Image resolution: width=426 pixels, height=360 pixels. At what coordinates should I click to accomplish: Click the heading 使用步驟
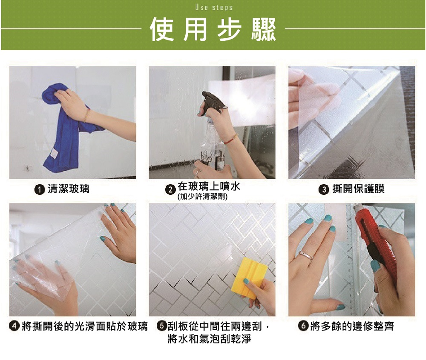tap(213, 29)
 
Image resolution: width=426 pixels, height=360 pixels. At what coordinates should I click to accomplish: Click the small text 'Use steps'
tap(214, 7)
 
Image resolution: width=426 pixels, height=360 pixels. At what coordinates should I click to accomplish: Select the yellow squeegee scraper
tap(249, 278)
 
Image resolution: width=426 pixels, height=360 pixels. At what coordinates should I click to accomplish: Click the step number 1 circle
tap(40, 189)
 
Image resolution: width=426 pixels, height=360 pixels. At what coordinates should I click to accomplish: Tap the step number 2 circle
tap(171, 189)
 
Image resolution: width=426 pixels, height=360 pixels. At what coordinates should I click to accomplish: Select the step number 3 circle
tap(323, 189)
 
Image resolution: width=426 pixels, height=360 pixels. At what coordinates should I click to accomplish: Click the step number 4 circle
tap(14, 326)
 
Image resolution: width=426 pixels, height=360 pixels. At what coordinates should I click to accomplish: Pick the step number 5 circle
tap(162, 326)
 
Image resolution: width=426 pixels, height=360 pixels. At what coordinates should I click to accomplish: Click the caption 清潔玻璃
tap(69, 189)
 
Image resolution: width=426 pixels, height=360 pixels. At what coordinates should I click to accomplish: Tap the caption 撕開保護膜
tap(358, 189)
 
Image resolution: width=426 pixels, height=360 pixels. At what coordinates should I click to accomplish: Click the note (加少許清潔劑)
tap(202, 197)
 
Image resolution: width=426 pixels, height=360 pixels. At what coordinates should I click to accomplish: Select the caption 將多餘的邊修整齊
tap(352, 326)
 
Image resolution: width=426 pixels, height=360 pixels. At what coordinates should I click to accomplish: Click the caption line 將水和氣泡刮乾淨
tap(210, 339)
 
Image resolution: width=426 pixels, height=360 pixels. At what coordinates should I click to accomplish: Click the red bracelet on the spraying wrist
tap(230, 140)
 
